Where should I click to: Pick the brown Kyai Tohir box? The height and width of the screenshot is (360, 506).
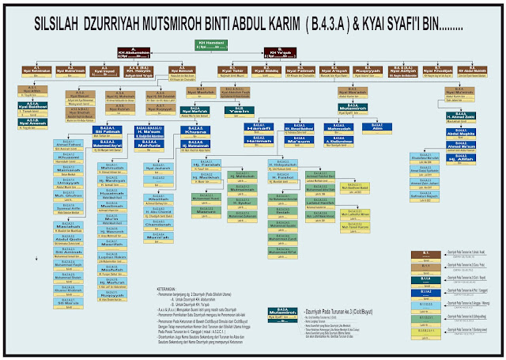pyautogui.click(x=232, y=70)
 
